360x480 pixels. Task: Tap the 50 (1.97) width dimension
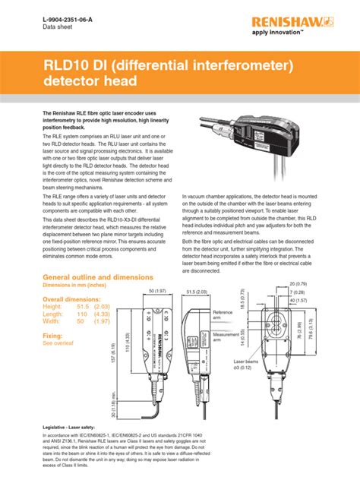pos(157,292)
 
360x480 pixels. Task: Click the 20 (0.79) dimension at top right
pos(322,284)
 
